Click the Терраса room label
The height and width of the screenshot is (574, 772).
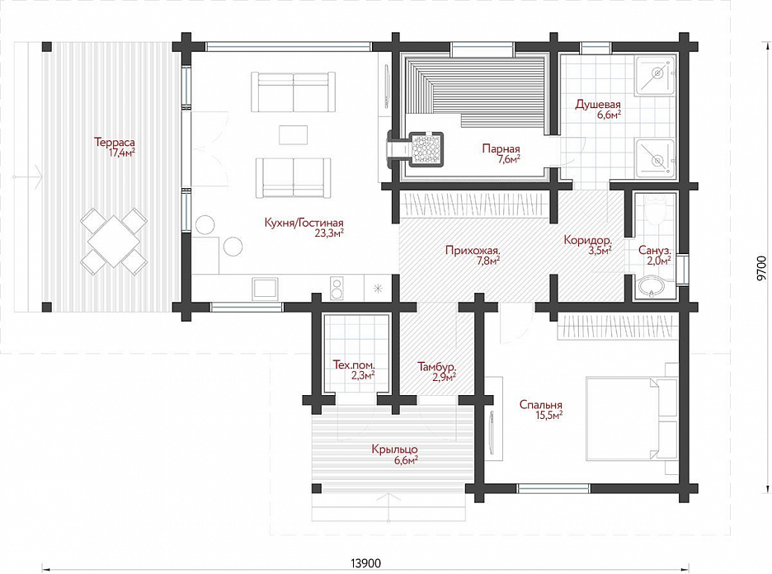click(115, 143)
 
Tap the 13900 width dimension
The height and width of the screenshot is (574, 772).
click(366, 562)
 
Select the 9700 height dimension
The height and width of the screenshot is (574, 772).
click(761, 268)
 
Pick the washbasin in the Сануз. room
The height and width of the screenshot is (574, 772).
click(651, 287)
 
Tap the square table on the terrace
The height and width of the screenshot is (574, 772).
click(114, 241)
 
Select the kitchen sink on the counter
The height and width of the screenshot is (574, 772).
click(265, 288)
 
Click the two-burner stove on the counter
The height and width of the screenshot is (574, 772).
click(337, 288)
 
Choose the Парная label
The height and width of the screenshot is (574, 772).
click(501, 148)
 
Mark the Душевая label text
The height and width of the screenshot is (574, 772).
click(598, 105)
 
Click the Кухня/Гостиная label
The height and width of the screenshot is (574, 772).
click(304, 223)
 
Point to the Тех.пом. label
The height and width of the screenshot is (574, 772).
click(354, 365)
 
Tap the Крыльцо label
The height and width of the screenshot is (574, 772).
click(395, 449)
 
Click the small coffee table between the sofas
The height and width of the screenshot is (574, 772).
click(293, 135)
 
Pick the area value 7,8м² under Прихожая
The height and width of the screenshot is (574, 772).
click(487, 261)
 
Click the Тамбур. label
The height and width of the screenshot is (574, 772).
click(436, 367)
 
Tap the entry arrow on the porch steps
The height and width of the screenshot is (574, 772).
click(389, 507)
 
